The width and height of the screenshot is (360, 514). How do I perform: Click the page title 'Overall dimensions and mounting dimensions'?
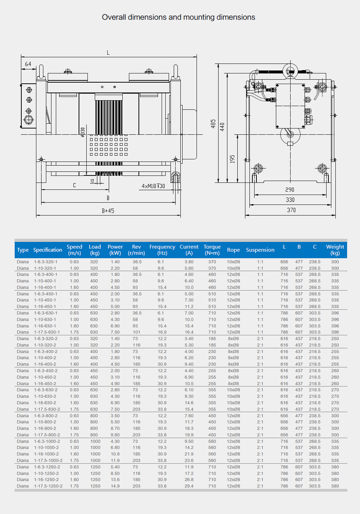179,17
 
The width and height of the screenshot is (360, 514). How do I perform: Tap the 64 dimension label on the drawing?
28,64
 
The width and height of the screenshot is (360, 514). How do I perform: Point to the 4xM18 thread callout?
153,186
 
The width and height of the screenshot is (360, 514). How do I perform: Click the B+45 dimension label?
108,211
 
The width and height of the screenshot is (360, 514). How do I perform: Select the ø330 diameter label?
83,132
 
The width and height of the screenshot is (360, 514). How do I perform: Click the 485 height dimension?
213,124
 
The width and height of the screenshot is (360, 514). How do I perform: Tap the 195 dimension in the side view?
232,159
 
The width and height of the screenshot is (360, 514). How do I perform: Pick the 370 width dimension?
291,210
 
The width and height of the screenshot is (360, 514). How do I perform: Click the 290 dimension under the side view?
290,190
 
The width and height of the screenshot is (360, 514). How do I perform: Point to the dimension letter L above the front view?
108,53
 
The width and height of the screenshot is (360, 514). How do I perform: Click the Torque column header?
212,250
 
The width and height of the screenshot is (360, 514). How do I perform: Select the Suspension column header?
260,250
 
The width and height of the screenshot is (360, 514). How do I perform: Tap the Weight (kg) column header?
335,250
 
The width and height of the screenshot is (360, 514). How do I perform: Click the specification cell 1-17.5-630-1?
47,332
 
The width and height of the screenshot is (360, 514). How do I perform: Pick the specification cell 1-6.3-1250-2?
47,467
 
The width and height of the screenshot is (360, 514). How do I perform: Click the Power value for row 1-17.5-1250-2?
115,486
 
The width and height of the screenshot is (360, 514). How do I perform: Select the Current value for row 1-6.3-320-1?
189,262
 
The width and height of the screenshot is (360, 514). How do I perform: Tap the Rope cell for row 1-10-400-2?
233,358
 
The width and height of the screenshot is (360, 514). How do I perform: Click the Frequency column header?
162,250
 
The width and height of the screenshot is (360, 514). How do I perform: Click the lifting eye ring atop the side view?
290,70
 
